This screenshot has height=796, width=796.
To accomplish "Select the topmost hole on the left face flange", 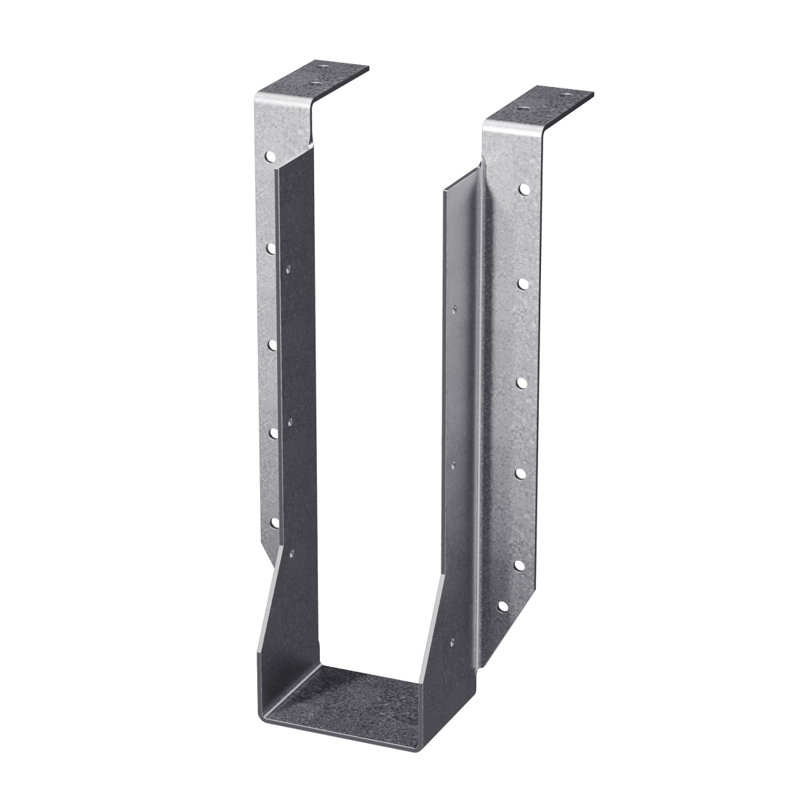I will (270, 156).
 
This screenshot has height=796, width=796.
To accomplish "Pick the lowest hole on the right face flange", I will (503, 607).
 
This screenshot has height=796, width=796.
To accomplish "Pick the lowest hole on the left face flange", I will (275, 523).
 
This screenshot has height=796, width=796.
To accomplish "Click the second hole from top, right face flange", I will (522, 283).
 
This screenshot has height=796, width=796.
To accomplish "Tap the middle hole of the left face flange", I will (272, 343).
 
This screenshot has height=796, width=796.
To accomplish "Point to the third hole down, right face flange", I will (520, 382).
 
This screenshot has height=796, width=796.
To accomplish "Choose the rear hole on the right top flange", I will (566, 96).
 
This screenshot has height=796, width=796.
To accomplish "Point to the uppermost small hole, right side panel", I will (457, 308).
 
